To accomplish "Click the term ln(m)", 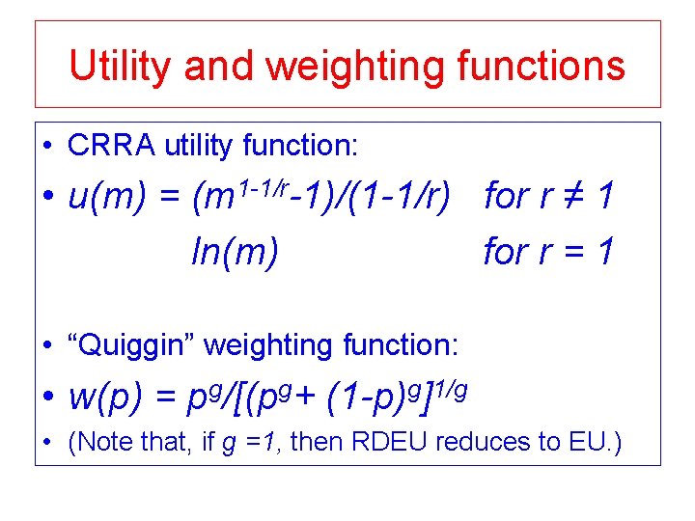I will (x=236, y=254).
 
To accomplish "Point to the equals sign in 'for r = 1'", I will (x=576, y=254).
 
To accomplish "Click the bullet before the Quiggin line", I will (x=47, y=345).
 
